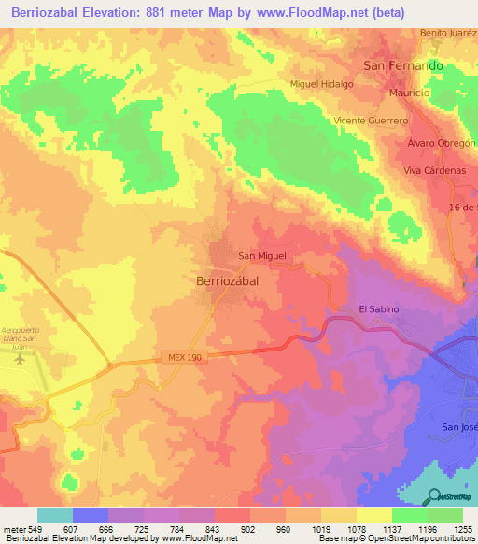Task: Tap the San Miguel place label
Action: pyautogui.click(x=261, y=255)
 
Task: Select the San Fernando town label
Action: pyautogui.click(x=402, y=66)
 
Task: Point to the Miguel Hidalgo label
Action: pyautogui.click(x=322, y=84)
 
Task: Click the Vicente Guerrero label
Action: pyautogui.click(x=371, y=122)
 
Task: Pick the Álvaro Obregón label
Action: pyautogui.click(x=442, y=143)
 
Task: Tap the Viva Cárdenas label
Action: pyautogui.click(x=434, y=171)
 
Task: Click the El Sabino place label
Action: pyautogui.click(x=379, y=309)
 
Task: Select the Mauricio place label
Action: pyautogui.click(x=409, y=94)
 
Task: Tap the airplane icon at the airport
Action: pyautogui.click(x=21, y=357)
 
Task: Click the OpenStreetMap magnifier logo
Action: pyautogui.click(x=434, y=496)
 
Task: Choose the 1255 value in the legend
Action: pyautogui.click(x=462, y=530)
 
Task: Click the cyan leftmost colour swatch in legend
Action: pyautogui.click(x=54, y=515)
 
